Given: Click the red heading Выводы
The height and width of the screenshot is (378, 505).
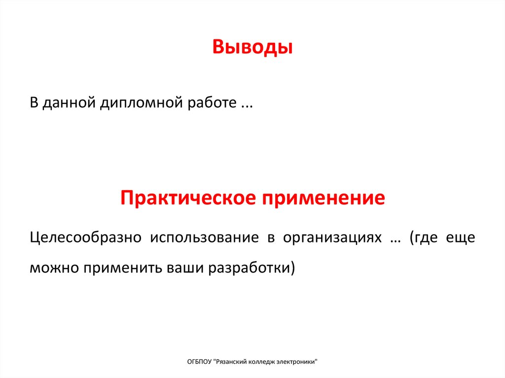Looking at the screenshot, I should tap(252, 48).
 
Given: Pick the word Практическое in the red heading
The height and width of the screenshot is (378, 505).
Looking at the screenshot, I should tap(187, 198).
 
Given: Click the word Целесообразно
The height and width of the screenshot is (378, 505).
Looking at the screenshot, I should tap(85, 238).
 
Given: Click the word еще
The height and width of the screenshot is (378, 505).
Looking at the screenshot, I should tap(461, 238).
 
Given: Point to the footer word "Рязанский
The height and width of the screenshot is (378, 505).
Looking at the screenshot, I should tap(232, 362).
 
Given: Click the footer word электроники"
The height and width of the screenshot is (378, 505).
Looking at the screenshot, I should tap(301, 362).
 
